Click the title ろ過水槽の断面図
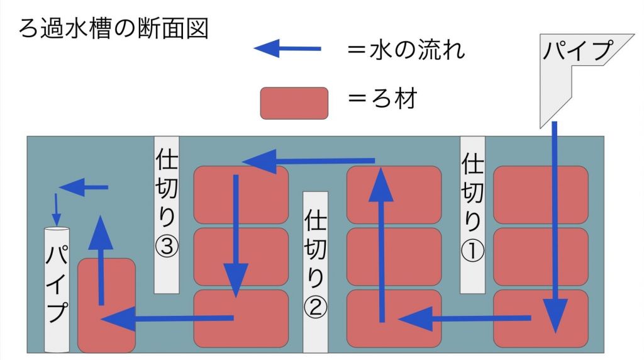coord(114,29)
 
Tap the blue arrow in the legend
coord(287,48)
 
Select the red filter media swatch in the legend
coord(294,103)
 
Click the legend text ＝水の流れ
coord(406,50)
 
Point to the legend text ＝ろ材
coord(382,99)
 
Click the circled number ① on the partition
coord(472,250)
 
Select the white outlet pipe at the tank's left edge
coord(57,290)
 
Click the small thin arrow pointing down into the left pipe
coord(56,210)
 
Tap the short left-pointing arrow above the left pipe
coord(84,188)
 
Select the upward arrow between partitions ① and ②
coord(382,244)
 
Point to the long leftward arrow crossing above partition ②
coord(308,161)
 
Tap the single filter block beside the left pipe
coord(106,305)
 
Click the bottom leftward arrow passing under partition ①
coord(465,318)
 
